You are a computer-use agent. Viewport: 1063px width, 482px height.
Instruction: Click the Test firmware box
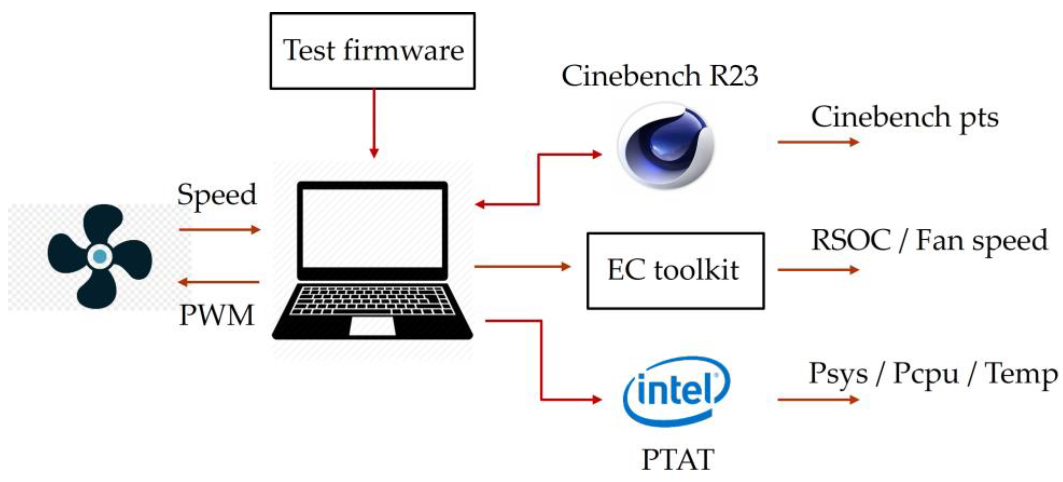click(x=373, y=50)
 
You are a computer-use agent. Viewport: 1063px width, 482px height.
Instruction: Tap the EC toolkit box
click(x=675, y=270)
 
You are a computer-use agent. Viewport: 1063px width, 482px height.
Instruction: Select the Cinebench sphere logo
click(x=665, y=145)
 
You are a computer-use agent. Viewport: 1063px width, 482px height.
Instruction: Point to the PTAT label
click(x=678, y=459)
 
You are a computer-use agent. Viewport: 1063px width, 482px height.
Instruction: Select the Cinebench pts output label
click(x=904, y=117)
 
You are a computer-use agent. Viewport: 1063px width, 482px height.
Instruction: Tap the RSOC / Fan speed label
click(x=929, y=240)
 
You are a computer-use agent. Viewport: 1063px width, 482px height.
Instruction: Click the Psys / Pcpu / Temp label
click(x=933, y=374)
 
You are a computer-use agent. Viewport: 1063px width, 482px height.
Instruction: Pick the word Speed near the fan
click(x=217, y=195)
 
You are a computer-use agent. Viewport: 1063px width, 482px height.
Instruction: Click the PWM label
click(x=217, y=316)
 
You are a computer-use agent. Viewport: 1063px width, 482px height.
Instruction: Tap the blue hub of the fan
click(x=100, y=256)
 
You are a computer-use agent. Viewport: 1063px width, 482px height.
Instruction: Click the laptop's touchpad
click(x=372, y=326)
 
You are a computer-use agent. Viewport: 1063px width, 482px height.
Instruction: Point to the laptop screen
click(x=372, y=228)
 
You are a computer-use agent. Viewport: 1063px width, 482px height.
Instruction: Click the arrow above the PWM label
click(x=219, y=282)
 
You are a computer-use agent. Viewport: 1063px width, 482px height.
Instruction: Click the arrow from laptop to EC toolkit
click(x=522, y=267)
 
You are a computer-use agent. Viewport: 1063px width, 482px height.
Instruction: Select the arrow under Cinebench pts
click(x=818, y=142)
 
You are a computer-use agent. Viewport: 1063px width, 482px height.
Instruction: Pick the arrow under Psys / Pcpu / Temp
click(x=818, y=399)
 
